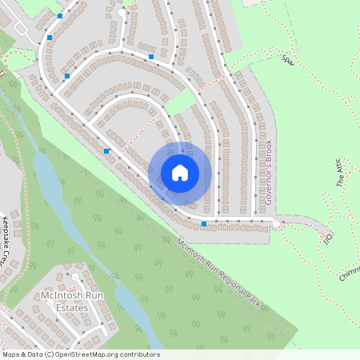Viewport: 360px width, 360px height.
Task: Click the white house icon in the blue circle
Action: (x=179, y=173)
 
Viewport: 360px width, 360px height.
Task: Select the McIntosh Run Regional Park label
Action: (x=220, y=265)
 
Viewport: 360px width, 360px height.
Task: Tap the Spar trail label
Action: (x=288, y=58)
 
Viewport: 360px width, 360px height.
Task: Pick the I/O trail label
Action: (x=326, y=238)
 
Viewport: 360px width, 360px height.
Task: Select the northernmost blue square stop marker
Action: (x=60, y=15)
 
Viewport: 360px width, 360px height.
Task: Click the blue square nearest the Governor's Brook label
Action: (x=204, y=224)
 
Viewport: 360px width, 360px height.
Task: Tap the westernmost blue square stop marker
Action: (x=50, y=38)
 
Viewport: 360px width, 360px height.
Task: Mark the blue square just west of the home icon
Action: (x=106, y=150)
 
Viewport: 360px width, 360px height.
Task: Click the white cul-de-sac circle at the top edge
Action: (x=122, y=13)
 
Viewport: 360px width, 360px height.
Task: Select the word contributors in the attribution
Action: (x=139, y=354)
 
